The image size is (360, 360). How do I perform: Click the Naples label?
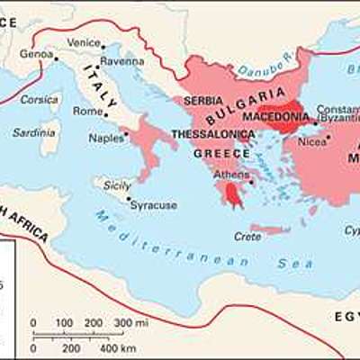tap(107, 138)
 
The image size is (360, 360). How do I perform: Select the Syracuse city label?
tap(153, 205)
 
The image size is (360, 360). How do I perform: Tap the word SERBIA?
tap(202, 102)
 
